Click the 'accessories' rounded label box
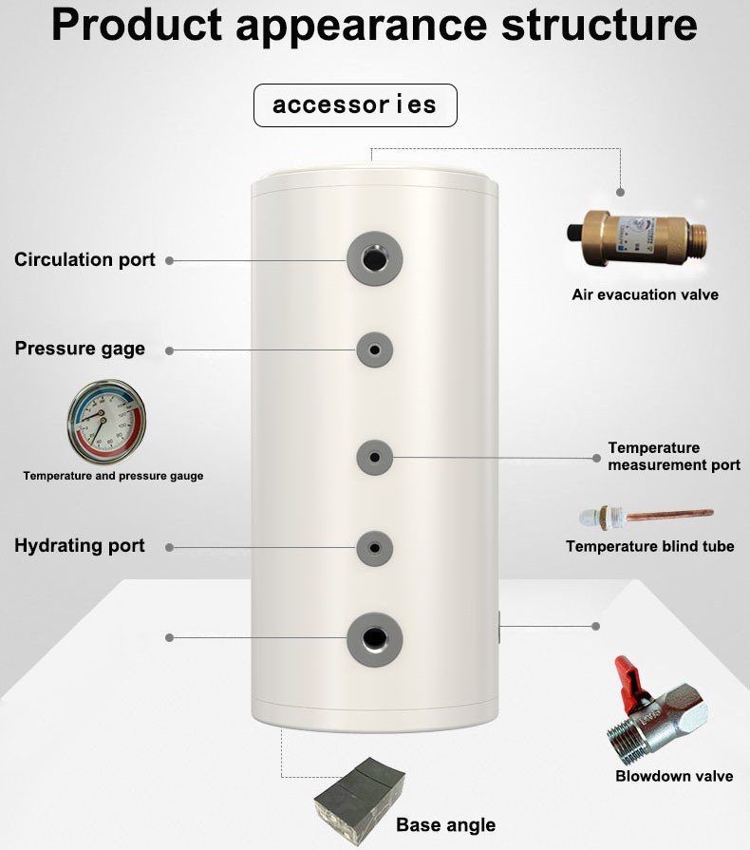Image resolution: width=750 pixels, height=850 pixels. pyautogui.click(x=355, y=105)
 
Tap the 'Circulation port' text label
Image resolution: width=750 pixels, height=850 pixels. pyautogui.click(x=84, y=259)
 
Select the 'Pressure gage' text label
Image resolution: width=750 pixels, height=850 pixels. pyautogui.click(x=80, y=349)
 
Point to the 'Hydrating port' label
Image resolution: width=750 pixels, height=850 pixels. pyautogui.click(x=80, y=545)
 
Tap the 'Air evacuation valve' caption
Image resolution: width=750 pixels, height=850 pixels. pyautogui.click(x=645, y=294)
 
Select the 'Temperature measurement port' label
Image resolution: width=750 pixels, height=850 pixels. pyautogui.click(x=673, y=456)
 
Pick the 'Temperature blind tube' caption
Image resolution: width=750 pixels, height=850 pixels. pyautogui.click(x=649, y=546)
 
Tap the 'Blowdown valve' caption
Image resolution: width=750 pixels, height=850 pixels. pyautogui.click(x=674, y=776)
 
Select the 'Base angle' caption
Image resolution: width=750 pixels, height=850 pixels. pyautogui.click(x=445, y=824)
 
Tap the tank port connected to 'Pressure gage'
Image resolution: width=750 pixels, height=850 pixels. pyautogui.click(x=375, y=349)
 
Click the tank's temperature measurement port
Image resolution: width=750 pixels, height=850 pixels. pyautogui.click(x=375, y=458)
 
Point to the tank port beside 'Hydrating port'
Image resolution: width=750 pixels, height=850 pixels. pyautogui.click(x=375, y=547)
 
